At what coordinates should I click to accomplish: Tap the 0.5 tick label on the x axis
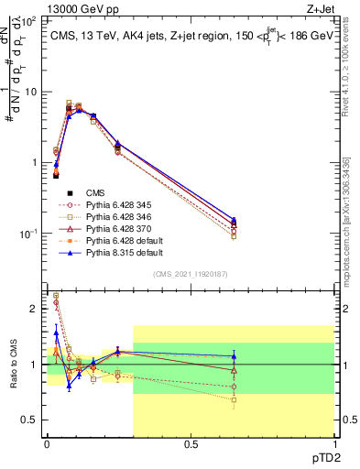click(x=191, y=444)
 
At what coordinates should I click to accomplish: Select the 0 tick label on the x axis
click(x=48, y=444)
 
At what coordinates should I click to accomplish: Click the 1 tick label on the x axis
click(x=334, y=444)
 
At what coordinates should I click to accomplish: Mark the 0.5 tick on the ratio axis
click(x=33, y=420)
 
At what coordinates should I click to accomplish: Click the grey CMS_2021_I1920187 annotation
click(x=191, y=273)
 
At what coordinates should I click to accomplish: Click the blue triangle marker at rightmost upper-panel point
click(x=234, y=220)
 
